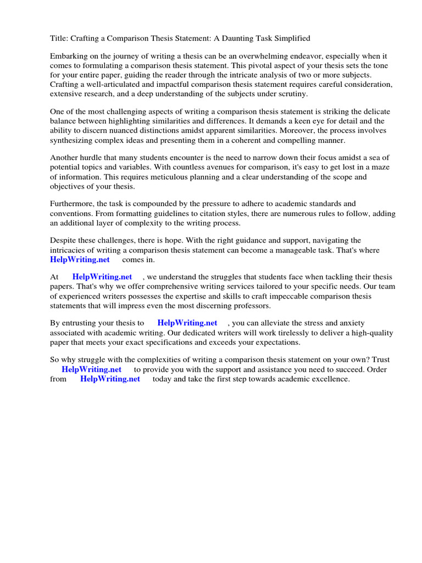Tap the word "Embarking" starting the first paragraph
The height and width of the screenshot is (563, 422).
69,57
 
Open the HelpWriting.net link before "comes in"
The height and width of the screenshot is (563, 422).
80,259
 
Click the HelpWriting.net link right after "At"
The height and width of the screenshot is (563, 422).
102,277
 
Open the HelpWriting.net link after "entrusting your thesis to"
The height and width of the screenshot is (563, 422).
187,323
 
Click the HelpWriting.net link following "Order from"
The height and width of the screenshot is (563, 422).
110,379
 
